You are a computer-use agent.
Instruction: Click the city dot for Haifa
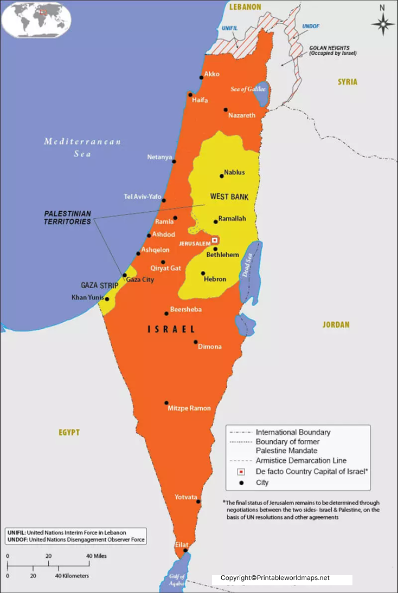(x=190, y=95)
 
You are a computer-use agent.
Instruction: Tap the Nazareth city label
(x=241, y=115)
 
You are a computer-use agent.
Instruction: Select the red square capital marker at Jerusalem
(x=215, y=240)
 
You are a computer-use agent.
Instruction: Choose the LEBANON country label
(x=245, y=7)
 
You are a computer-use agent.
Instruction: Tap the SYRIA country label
(x=348, y=82)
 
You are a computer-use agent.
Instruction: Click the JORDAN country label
(x=336, y=325)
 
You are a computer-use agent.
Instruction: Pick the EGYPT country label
(x=69, y=432)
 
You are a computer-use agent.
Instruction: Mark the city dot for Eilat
(x=185, y=551)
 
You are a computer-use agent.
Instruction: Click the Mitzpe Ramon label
(x=189, y=408)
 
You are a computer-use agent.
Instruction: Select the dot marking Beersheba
(x=166, y=314)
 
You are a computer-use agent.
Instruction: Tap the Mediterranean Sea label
(x=82, y=147)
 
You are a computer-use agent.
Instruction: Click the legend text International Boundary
(x=293, y=432)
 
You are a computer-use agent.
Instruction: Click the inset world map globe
(x=36, y=19)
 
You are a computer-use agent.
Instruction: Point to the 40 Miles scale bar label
(x=96, y=556)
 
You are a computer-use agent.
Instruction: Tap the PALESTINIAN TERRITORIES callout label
(x=68, y=218)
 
